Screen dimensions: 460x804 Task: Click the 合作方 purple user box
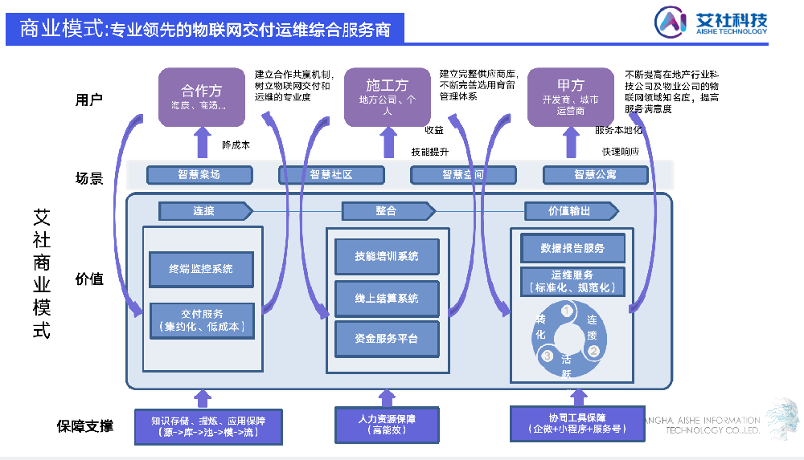[202, 96]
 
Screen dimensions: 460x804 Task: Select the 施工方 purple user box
[387, 96]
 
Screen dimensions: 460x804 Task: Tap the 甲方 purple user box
[570, 96]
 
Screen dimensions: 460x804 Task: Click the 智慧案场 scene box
[199, 174]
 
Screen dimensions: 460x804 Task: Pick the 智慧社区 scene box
[331, 174]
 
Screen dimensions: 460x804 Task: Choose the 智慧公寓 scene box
[595, 174]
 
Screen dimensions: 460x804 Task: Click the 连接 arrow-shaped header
[206, 211]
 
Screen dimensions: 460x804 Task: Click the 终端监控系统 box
[201, 269]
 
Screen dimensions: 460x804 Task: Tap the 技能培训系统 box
[387, 256]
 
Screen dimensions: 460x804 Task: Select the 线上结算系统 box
[387, 298]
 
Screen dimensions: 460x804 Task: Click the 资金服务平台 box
[387, 339]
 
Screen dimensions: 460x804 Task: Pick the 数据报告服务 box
[572, 248]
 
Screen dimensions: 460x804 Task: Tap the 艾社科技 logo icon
[670, 22]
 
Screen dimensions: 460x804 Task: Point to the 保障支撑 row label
[84, 425]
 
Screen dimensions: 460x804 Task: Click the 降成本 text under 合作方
[236, 145]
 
